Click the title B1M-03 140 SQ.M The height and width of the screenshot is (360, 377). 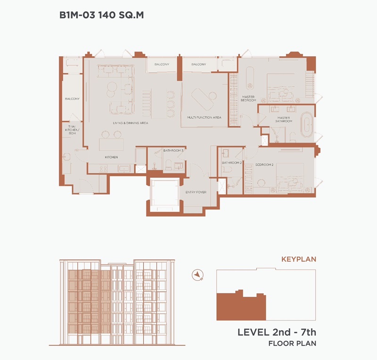pos(101,15)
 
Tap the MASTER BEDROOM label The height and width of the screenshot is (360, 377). pos(248,99)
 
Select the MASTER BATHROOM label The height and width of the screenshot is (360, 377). pos(284,119)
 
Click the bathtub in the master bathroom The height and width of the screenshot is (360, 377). pos(306,125)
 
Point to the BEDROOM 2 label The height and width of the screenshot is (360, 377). pos(264,165)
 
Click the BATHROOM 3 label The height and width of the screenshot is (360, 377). pos(173,151)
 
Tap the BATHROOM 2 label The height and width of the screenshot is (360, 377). pos(231,163)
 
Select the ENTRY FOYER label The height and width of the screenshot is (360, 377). pos(196,192)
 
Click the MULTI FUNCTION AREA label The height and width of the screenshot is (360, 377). pos(204,117)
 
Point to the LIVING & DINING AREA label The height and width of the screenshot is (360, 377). pos(131,123)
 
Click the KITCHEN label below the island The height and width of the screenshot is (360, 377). pos(111,157)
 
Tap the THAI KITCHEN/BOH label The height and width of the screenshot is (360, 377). pos(72,130)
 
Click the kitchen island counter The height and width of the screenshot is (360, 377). pos(111,144)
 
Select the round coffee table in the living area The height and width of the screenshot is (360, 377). pos(112,89)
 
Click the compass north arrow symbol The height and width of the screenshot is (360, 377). pos(197,275)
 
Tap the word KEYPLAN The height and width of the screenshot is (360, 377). pos(299,260)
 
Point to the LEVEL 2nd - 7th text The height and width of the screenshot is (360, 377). pos(277,332)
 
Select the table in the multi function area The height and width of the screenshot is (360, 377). pos(202,99)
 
